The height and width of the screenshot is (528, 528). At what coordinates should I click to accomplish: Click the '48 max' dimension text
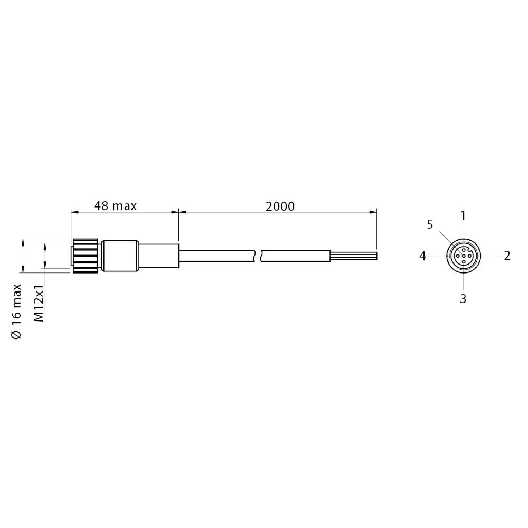(x=115, y=206)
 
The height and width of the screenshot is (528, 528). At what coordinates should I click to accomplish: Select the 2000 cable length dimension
(x=280, y=206)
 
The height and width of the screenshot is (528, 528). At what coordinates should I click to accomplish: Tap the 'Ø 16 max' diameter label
(x=16, y=311)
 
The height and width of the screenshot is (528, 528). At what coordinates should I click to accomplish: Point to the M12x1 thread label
(x=39, y=303)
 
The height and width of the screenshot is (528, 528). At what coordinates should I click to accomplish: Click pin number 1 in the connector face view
(x=464, y=215)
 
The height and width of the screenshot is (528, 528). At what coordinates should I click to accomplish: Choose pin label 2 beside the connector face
(x=507, y=256)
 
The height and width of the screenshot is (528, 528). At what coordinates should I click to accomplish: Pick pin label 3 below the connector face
(x=463, y=298)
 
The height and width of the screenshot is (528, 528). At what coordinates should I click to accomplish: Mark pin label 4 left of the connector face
(x=422, y=256)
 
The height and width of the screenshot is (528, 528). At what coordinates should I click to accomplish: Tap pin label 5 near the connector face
(x=430, y=224)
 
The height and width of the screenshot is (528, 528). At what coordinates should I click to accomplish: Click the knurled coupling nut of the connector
(x=85, y=256)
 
